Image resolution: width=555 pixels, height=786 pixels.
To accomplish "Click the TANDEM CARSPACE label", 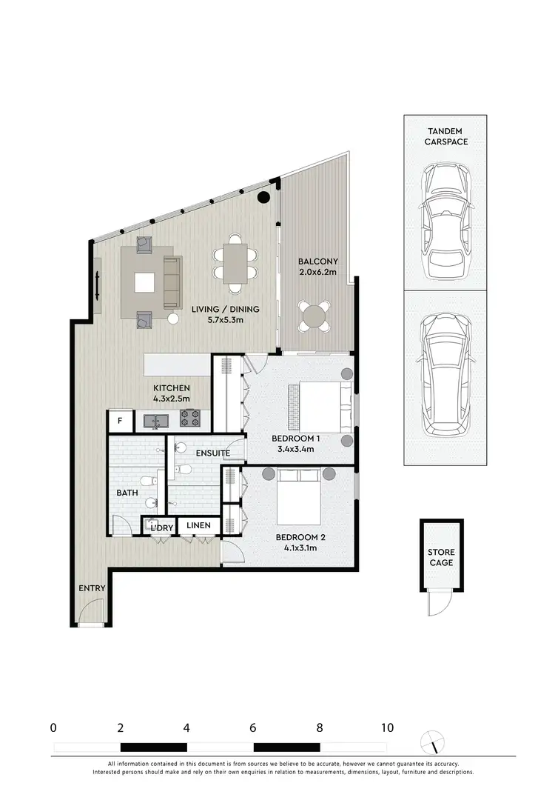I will [446, 136].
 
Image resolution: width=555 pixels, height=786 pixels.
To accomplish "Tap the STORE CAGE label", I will [440, 557].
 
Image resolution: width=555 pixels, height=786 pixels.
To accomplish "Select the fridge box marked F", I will [119, 422].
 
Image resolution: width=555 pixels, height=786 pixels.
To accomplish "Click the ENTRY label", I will [92, 588].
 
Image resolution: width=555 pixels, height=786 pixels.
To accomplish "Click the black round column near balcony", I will [263, 197].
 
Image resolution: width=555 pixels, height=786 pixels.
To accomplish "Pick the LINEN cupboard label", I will [198, 526].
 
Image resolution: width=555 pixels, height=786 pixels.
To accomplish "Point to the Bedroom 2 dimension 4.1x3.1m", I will [296, 548].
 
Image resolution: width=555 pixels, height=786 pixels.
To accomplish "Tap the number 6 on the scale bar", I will [253, 727].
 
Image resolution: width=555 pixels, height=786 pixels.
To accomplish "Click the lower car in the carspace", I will [445, 378].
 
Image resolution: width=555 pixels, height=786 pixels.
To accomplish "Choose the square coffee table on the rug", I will [144, 282].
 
